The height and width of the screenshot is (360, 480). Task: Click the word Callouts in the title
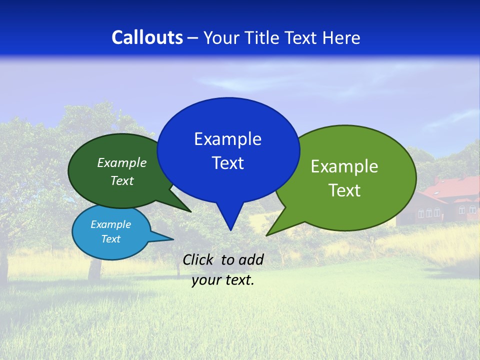coord(147,37)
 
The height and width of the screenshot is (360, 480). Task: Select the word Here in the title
coord(342,37)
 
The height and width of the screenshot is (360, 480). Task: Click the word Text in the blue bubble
coord(227,163)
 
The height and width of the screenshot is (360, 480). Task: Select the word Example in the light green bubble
coord(344,166)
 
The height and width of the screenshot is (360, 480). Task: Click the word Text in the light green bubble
coord(344,190)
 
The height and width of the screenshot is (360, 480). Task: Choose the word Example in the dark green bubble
coord(122,162)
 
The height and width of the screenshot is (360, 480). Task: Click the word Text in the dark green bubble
coord(122,180)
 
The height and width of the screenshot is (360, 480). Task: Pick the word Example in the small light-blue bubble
coord(110,224)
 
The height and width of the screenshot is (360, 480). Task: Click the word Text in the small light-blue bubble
coord(110,239)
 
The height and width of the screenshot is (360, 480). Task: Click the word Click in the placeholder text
coord(199,259)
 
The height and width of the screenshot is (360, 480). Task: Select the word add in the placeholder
coord(251,259)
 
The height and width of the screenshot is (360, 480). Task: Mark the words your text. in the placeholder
coord(223,280)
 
